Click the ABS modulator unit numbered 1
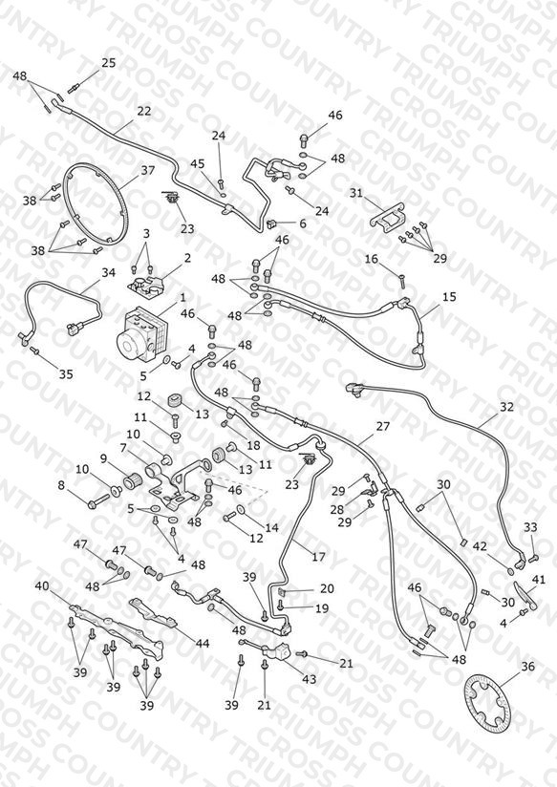pyautogui.click(x=142, y=332)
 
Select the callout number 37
pyautogui.click(x=148, y=170)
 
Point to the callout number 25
pyautogui.click(x=109, y=63)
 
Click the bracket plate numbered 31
pyautogui.click(x=388, y=217)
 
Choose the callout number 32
pyautogui.click(x=506, y=407)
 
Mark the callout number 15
pyautogui.click(x=450, y=297)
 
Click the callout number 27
pyautogui.click(x=383, y=426)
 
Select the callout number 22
pyautogui.click(x=144, y=111)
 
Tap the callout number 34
pyautogui.click(x=109, y=272)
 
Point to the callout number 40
pyautogui.click(x=42, y=585)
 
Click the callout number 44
pyautogui.click(x=203, y=643)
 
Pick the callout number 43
pyautogui.click(x=309, y=679)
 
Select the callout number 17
pyautogui.click(x=318, y=557)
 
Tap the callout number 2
pyautogui.click(x=187, y=258)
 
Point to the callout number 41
pyautogui.click(x=539, y=580)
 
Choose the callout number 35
pyautogui.click(x=66, y=374)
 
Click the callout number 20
pyautogui.click(x=327, y=588)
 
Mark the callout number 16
pyautogui.click(x=371, y=259)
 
